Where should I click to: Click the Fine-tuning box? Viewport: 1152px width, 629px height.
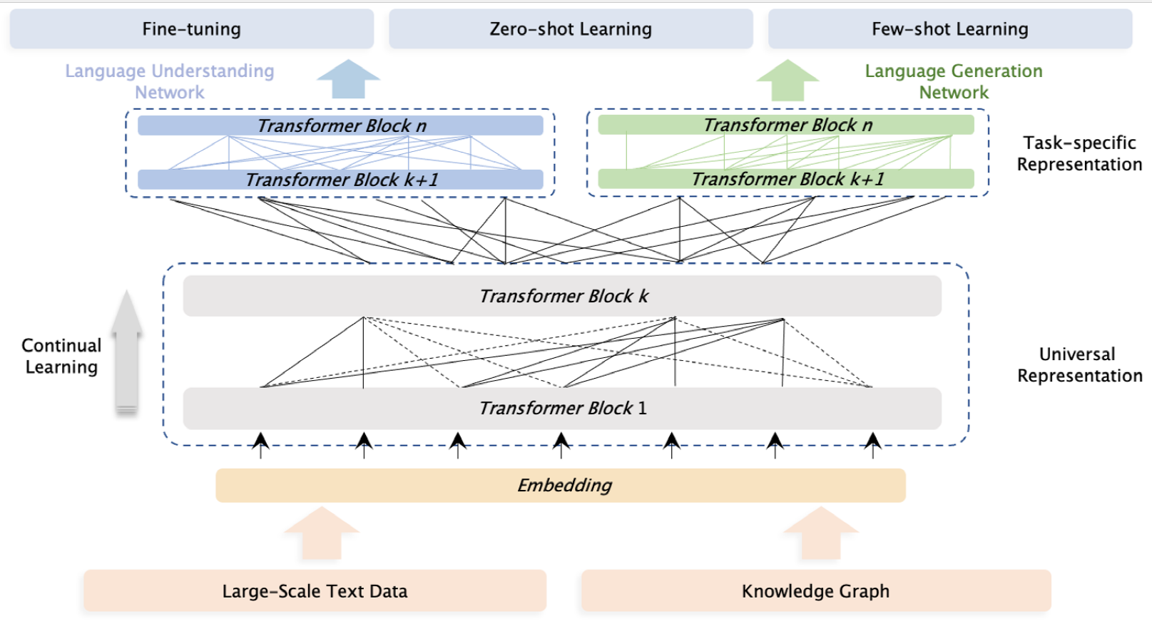(192, 29)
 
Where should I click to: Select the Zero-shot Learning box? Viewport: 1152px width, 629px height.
(571, 29)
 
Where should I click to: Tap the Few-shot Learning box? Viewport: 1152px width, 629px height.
(950, 29)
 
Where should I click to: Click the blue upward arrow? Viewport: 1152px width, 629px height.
(349, 78)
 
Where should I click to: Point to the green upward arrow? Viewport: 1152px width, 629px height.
(787, 81)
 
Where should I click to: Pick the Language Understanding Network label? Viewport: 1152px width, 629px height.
(170, 81)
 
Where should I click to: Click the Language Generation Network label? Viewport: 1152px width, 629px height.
(954, 81)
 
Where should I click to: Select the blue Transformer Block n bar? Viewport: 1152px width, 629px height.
(340, 126)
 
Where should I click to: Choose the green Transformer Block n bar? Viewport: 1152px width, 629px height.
(786, 125)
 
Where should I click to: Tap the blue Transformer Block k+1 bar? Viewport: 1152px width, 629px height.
(340, 180)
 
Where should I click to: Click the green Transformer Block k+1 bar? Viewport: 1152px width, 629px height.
(786, 178)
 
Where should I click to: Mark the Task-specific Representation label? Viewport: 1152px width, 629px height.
(1079, 153)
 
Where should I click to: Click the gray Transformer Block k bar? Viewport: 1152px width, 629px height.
(563, 296)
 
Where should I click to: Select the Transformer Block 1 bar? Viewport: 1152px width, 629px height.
(563, 409)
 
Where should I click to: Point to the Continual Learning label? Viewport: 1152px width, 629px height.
(61, 356)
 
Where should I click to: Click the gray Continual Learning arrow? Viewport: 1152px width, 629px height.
(126, 353)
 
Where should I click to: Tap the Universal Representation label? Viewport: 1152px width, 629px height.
(1079, 364)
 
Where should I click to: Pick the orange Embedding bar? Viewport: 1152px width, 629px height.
(561, 486)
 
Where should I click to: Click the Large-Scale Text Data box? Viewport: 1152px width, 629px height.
(315, 591)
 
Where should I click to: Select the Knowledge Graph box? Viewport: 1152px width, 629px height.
(816, 591)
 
